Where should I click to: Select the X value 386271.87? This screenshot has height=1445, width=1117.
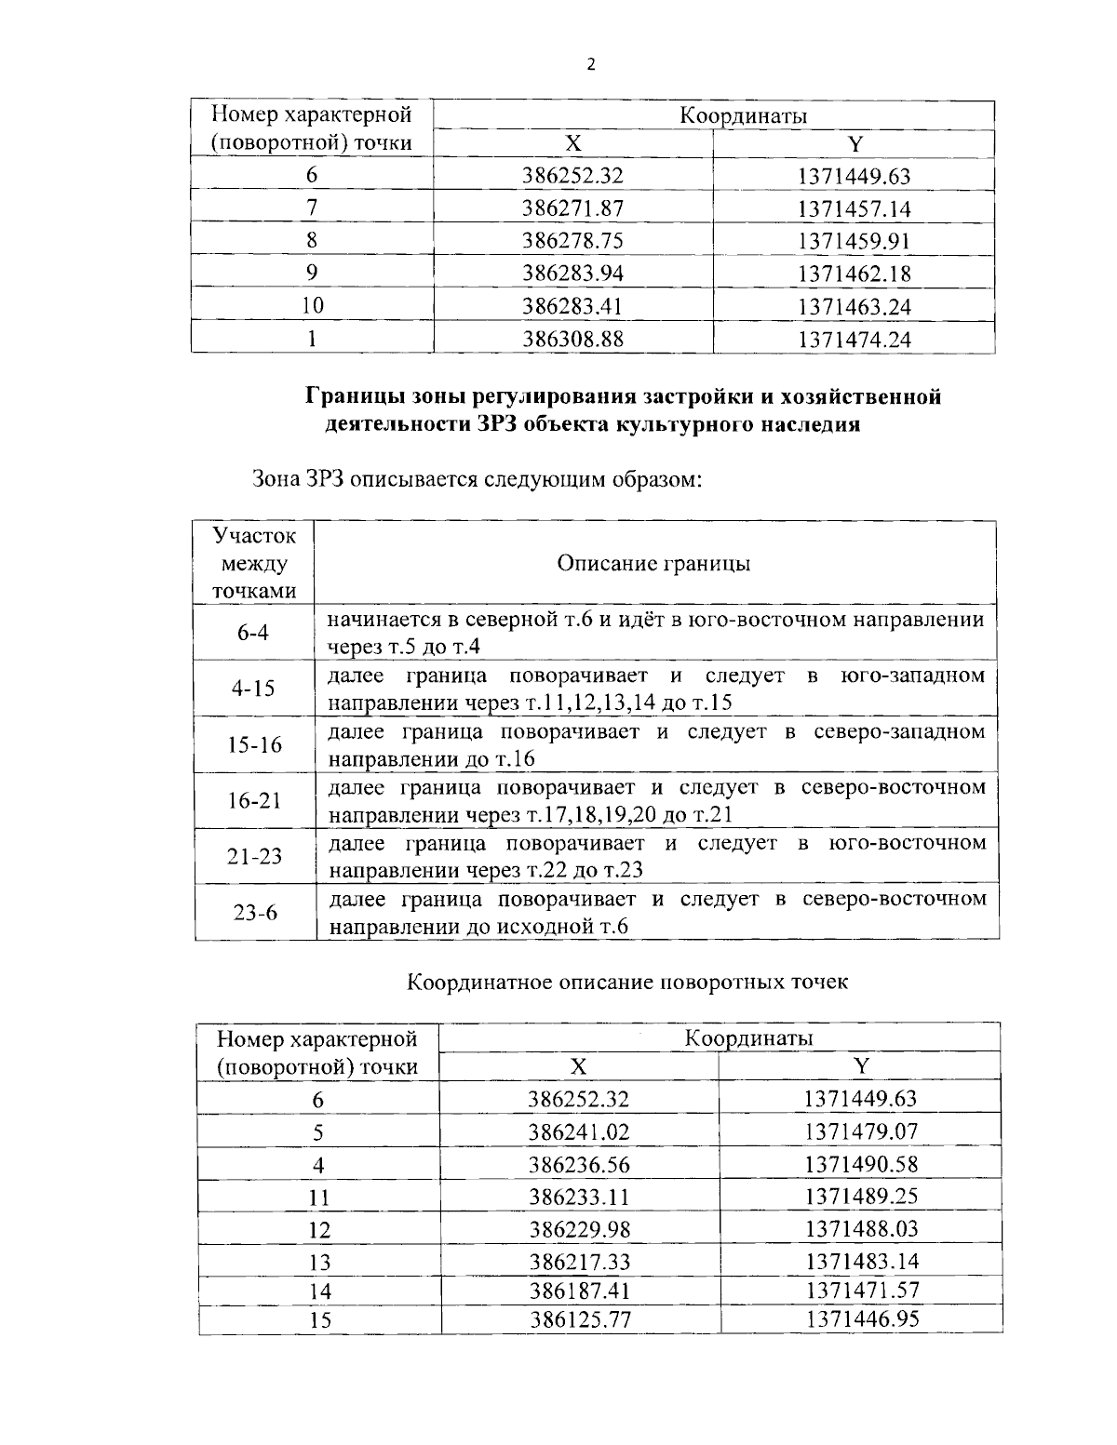[572, 208]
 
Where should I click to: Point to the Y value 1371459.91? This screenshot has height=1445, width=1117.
[854, 241]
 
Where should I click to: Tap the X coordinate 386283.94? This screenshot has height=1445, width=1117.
[572, 274]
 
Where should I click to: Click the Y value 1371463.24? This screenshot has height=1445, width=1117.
[854, 306]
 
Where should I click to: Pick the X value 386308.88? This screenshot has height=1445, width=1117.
[572, 339]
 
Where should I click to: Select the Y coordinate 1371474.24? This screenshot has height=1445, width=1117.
[854, 339]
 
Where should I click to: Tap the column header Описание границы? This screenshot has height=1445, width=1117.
[653, 563]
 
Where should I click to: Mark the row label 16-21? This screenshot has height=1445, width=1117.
[254, 800]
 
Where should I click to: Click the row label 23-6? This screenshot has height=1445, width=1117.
[254, 913]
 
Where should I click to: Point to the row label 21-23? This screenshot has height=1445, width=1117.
[254, 856]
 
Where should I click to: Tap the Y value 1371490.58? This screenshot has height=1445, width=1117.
[860, 1164]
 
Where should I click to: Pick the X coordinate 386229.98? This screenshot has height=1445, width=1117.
[579, 1229]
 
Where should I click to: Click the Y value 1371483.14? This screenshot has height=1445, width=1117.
[860, 1261]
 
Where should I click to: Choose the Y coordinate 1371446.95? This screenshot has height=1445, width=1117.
[862, 1318]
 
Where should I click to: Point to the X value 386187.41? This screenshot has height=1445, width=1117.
[579, 1291]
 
